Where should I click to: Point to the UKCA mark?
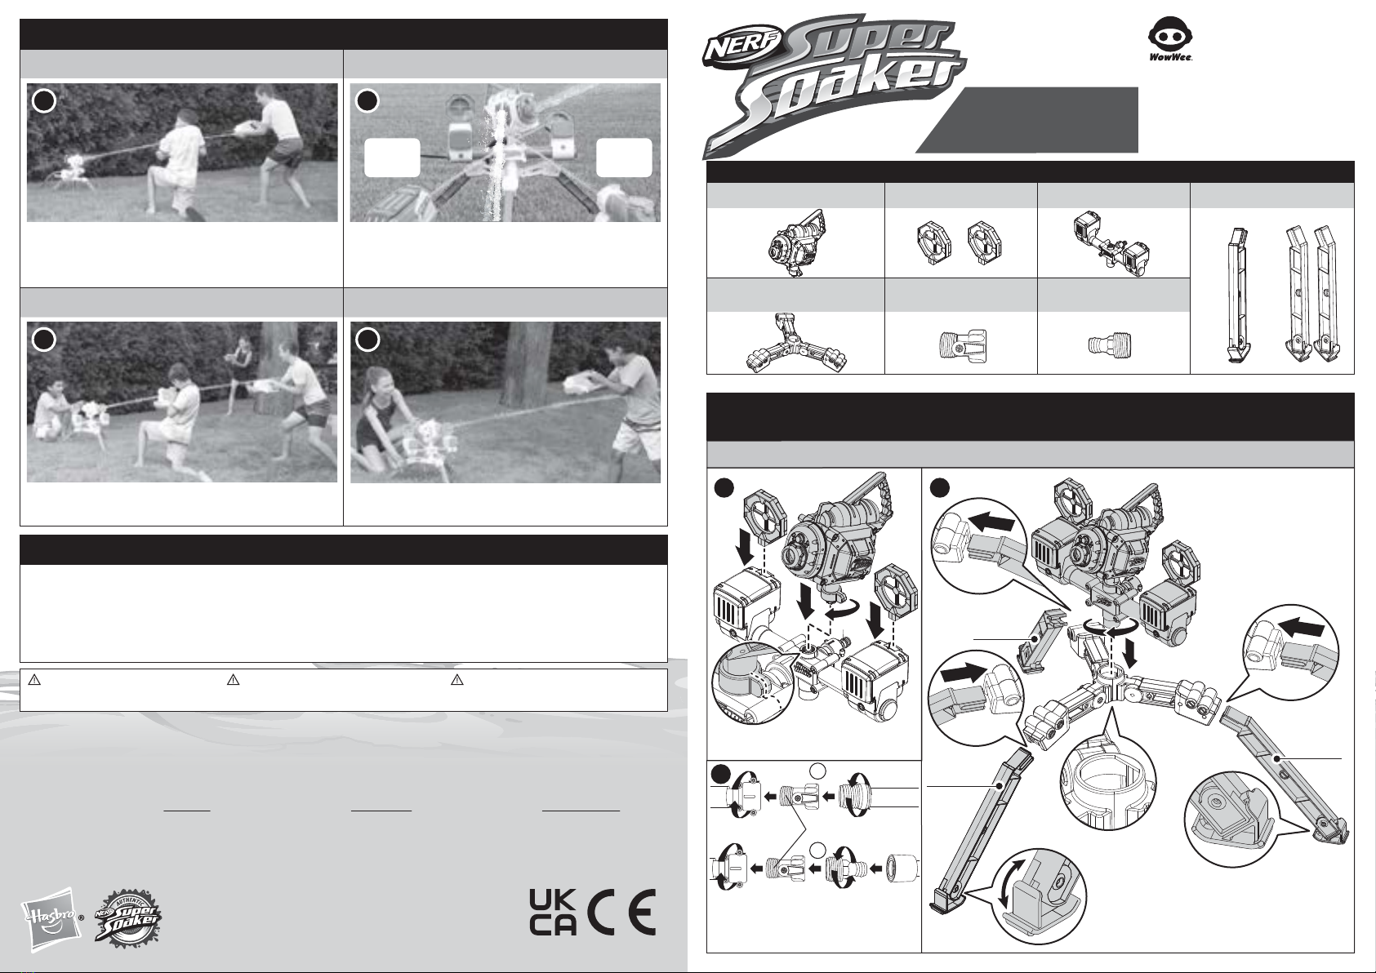pyautogui.click(x=553, y=920)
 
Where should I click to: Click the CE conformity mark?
pyautogui.click(x=621, y=920)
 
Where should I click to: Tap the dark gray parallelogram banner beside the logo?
pyautogui.click(x=1027, y=120)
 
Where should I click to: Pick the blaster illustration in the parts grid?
pyautogui.click(x=797, y=243)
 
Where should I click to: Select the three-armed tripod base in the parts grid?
pyautogui.click(x=796, y=343)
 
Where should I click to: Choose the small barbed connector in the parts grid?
pyautogui.click(x=1110, y=344)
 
